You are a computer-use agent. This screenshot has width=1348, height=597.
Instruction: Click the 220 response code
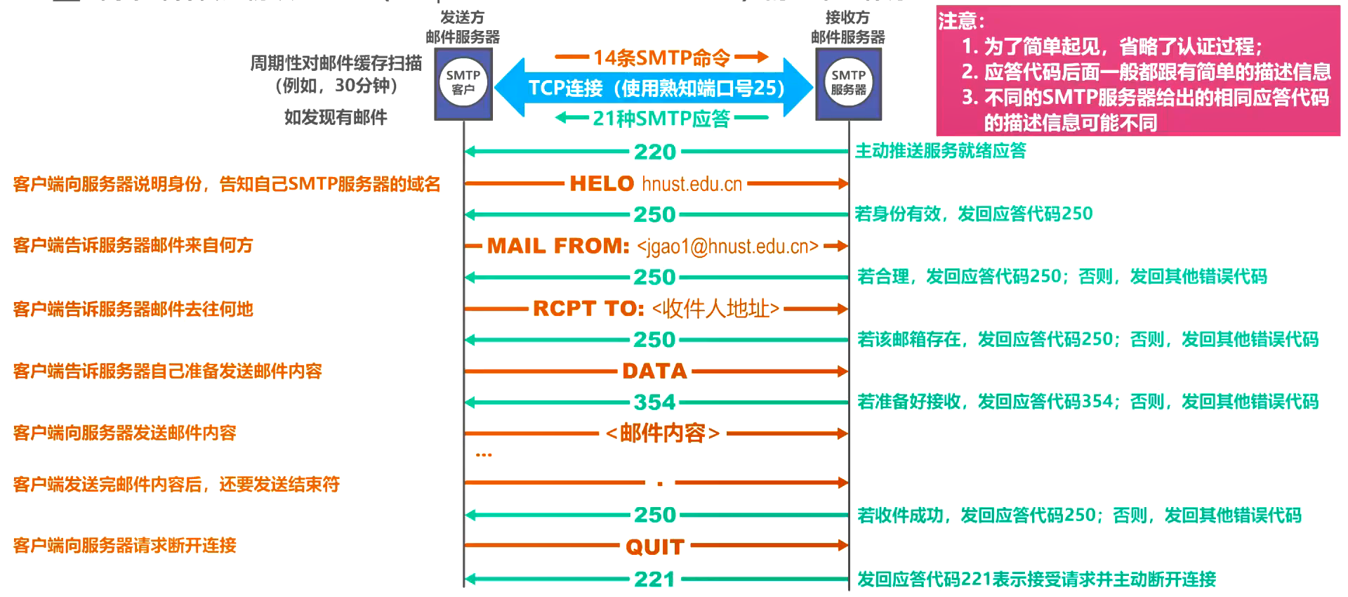(x=654, y=152)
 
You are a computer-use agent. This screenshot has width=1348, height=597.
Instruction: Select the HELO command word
(x=602, y=183)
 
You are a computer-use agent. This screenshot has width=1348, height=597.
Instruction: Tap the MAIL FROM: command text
(x=558, y=246)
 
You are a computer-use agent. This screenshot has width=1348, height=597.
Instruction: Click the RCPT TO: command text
(x=588, y=308)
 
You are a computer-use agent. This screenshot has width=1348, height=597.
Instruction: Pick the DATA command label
(x=654, y=371)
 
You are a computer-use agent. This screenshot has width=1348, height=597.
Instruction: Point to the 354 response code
(x=654, y=402)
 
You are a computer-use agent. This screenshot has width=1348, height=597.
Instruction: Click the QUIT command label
(x=654, y=546)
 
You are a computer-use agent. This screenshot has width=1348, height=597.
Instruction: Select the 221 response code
(x=654, y=579)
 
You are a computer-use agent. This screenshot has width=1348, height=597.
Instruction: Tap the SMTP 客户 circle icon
(x=463, y=82)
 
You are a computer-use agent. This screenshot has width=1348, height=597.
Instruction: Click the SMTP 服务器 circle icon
(x=848, y=82)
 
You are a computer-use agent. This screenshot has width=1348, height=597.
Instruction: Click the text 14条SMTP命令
(x=661, y=57)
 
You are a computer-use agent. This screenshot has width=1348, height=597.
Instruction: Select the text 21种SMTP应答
(x=661, y=118)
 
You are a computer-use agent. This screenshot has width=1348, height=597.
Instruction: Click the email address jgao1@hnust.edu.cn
(x=727, y=247)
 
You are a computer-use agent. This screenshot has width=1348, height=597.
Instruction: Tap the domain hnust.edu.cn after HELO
(x=692, y=184)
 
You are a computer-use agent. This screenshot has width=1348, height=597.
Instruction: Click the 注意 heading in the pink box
(x=961, y=21)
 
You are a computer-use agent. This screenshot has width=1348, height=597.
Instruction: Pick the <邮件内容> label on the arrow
(x=663, y=433)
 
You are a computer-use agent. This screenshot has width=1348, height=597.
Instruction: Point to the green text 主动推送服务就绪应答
(x=940, y=150)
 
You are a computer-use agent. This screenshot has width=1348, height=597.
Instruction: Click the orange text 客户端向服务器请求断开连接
(x=124, y=546)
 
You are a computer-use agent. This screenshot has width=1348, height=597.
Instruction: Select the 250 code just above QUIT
(x=654, y=515)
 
